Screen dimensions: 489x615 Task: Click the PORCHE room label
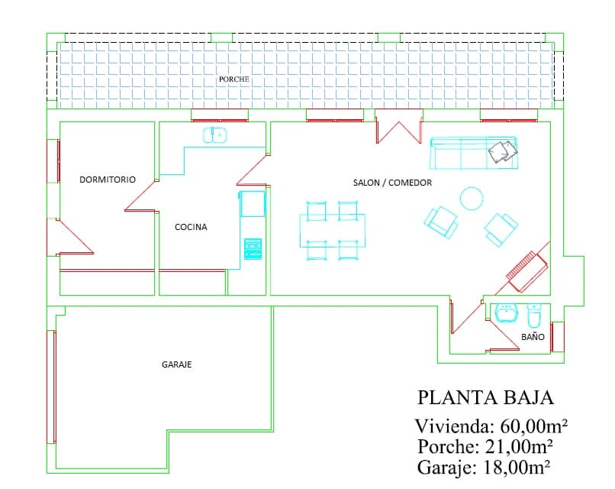click(233, 79)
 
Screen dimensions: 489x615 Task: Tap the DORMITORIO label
click(108, 180)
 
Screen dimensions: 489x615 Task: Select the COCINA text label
click(191, 227)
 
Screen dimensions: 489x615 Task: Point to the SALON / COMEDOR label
click(392, 183)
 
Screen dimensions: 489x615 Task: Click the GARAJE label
click(176, 365)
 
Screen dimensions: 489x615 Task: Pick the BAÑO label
click(533, 336)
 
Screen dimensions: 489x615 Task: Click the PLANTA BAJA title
click(485, 398)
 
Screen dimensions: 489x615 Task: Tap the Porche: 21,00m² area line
click(485, 446)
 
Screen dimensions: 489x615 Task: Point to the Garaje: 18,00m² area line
click(485, 467)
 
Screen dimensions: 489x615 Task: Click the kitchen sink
click(214, 135)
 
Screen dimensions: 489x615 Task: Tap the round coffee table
click(472, 198)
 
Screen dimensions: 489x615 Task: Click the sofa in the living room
click(474, 153)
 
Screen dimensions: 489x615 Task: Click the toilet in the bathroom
click(534, 315)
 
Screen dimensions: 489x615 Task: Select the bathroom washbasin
click(506, 313)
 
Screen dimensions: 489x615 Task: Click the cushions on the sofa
click(501, 151)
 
